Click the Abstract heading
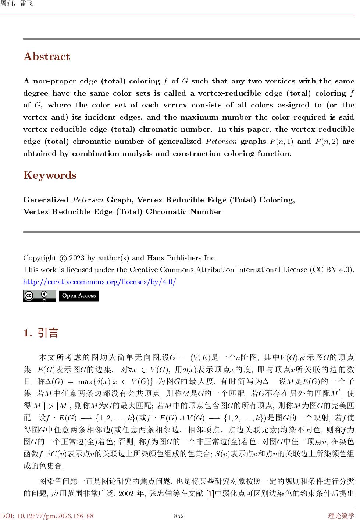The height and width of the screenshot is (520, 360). click(47, 57)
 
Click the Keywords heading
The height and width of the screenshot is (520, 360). click(50, 175)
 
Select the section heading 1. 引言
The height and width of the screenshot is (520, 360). click(41, 333)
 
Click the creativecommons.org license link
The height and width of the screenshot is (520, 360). click(100, 282)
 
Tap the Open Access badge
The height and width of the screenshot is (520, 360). click(79, 296)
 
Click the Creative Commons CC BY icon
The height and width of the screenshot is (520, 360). click(39, 296)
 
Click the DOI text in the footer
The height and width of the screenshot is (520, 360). click(47, 516)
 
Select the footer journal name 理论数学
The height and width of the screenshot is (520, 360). click(342, 516)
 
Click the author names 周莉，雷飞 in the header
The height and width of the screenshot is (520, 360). click(17, 4)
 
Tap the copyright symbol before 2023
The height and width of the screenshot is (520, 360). click(63, 258)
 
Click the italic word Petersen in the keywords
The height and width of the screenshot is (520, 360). click(88, 200)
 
